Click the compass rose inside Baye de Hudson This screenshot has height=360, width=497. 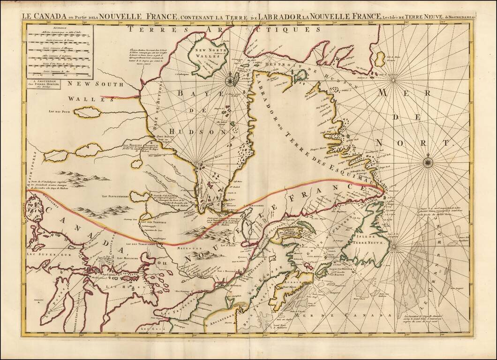pos(231,81)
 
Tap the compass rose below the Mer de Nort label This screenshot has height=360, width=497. pos(428,162)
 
